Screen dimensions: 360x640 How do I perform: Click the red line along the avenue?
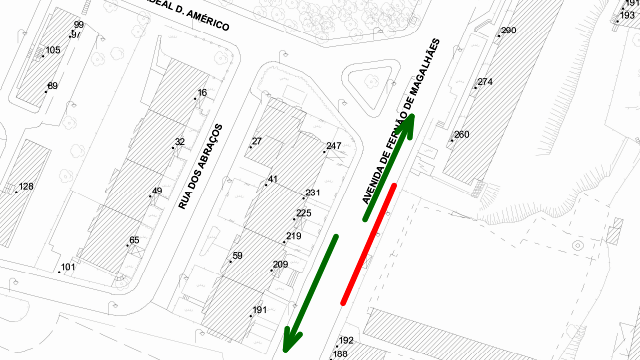[x=370, y=243]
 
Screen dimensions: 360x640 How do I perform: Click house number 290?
[x=508, y=31]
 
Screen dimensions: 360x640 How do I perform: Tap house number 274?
[x=485, y=82]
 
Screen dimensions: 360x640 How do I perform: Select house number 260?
[x=461, y=135]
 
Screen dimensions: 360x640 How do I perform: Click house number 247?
[x=333, y=147]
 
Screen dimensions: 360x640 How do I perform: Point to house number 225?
[x=304, y=213]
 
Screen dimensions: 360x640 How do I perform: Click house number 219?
[x=293, y=237]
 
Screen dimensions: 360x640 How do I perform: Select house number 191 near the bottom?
[x=260, y=311]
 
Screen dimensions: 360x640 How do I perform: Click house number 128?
[x=26, y=187]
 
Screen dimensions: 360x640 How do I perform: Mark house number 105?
[x=53, y=50]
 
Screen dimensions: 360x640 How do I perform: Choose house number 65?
[x=134, y=241]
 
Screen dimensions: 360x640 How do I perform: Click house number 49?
[x=157, y=191]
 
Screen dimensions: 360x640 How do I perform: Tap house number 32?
[x=180, y=143]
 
